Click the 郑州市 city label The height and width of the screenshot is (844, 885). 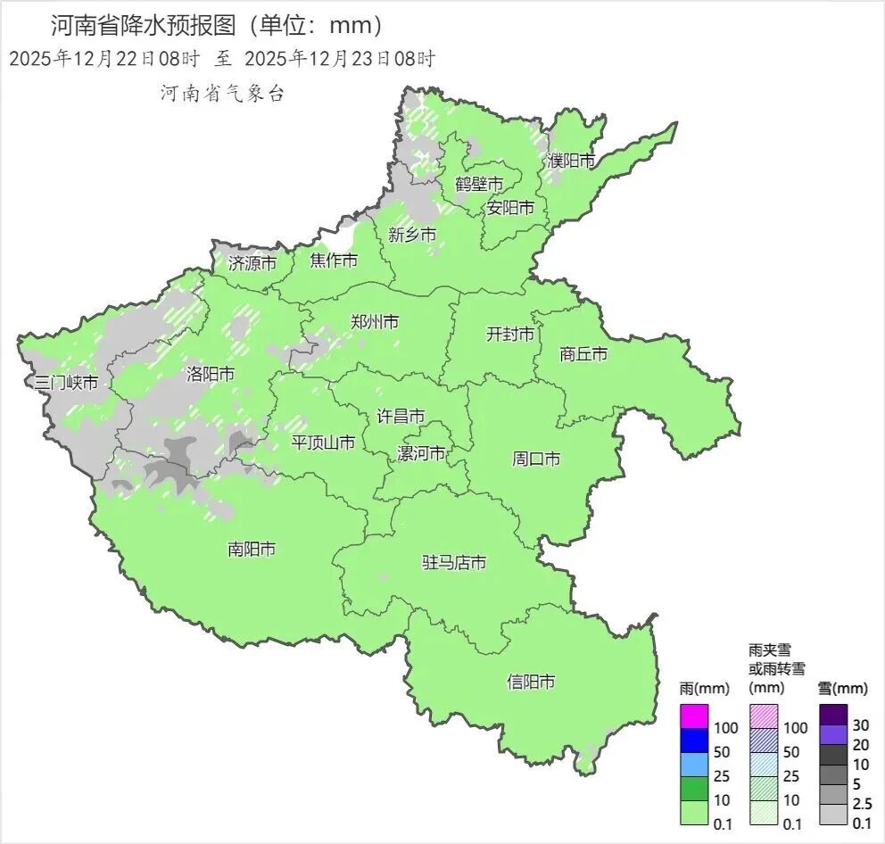(375, 322)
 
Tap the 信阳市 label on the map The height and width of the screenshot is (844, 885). (531, 682)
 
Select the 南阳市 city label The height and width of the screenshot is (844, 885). (252, 550)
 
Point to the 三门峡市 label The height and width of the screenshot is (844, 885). (66, 383)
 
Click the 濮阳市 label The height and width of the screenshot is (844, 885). (571, 161)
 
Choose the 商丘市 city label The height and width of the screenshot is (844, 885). (583, 354)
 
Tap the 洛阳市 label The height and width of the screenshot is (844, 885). (211, 374)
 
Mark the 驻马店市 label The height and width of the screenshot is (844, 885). (454, 563)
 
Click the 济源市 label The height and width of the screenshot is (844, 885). (252, 263)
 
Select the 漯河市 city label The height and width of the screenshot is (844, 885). (421, 453)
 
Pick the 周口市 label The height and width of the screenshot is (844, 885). (536, 459)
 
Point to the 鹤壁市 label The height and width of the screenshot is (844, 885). (479, 185)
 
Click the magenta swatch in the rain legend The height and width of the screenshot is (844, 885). (694, 716)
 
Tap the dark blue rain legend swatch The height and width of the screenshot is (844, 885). (694, 740)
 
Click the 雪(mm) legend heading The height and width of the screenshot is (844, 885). (842, 688)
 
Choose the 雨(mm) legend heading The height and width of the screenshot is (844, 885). (704, 688)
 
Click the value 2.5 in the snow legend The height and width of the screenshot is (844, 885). (862, 803)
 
